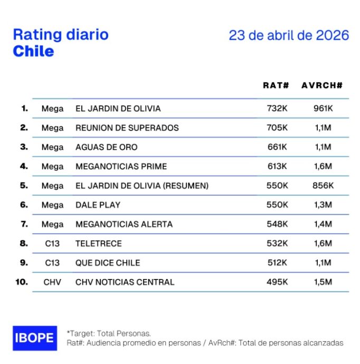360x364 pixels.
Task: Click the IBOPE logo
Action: click(34, 338)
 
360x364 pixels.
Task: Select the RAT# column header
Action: click(276, 85)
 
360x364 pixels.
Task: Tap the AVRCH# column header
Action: click(322, 85)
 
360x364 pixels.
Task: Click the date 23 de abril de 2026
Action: click(289, 35)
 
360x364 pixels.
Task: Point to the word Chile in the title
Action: click(33, 51)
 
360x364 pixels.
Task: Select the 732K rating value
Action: click(277, 109)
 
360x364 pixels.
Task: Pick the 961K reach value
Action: click(323, 109)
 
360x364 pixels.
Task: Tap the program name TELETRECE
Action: click(99, 244)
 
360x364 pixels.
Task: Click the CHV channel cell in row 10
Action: click(52, 282)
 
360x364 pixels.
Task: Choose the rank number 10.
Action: click(22, 282)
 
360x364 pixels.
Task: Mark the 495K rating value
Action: click(277, 282)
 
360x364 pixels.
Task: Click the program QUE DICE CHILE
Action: click(108, 263)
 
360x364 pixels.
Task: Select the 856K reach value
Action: click(323, 186)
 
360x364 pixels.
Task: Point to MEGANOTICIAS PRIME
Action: click(121, 167)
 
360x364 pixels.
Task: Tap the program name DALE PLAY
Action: click(98, 205)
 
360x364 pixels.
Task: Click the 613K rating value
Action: click(277, 167)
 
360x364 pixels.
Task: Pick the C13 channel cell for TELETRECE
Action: click(52, 244)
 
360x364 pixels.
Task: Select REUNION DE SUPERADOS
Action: click(127, 128)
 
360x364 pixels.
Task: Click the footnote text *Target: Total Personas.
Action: click(108, 333)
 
